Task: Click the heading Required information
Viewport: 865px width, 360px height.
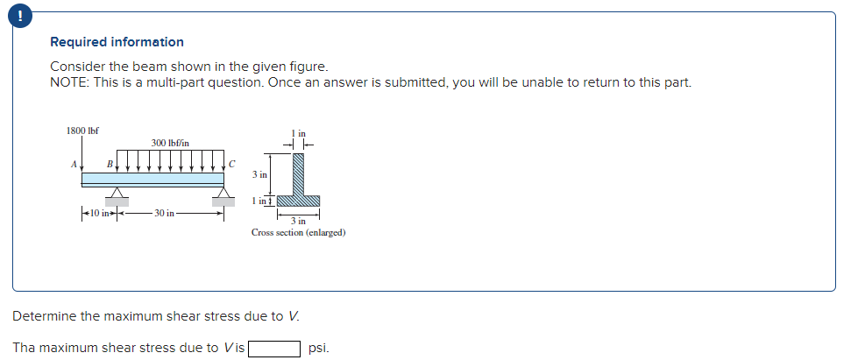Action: point(117,42)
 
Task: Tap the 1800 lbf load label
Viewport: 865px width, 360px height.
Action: point(82,131)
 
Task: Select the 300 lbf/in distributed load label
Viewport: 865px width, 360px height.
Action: point(169,142)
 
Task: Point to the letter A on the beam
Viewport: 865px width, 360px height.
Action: point(73,162)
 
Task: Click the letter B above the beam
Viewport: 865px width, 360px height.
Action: point(110,163)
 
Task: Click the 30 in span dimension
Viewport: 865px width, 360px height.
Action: point(165,213)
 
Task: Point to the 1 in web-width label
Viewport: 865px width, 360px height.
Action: point(299,133)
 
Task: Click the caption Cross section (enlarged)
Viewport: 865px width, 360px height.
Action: point(298,233)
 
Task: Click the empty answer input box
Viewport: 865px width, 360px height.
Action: point(274,348)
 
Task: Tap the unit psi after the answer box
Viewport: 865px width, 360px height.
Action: point(318,348)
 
